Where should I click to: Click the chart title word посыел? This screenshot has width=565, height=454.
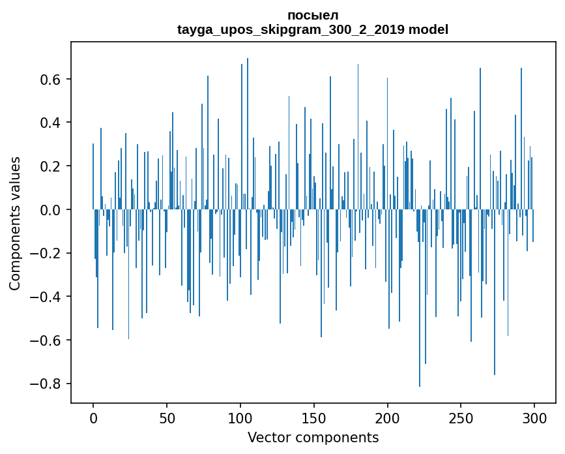[313, 16]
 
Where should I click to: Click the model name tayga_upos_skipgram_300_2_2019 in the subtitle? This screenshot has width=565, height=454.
[291, 29]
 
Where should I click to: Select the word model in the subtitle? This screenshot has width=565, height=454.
[429, 29]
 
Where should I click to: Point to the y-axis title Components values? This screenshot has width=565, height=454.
[15, 224]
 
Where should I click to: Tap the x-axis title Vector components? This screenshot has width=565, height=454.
[313, 438]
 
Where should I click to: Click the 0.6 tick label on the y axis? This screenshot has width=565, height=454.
[50, 79]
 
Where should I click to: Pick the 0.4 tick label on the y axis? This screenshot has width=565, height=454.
[50, 123]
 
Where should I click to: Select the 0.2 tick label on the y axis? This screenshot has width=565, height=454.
[50, 166]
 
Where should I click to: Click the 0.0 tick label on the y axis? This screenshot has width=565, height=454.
[50, 209]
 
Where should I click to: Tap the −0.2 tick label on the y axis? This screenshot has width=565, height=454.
[45, 253]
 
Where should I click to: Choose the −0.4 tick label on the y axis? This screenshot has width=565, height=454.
[45, 296]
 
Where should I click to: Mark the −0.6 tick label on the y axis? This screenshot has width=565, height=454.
[45, 340]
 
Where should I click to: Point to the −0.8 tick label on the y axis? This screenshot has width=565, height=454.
[45, 384]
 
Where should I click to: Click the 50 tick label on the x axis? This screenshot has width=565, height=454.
[167, 418]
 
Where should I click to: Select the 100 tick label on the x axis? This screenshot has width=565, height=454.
[240, 418]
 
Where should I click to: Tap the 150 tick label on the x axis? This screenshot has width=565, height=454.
[314, 418]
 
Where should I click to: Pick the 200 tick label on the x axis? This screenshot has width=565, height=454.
[387, 418]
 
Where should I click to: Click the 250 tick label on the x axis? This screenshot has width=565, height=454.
[461, 418]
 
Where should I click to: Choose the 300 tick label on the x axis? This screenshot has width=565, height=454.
[534, 418]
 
